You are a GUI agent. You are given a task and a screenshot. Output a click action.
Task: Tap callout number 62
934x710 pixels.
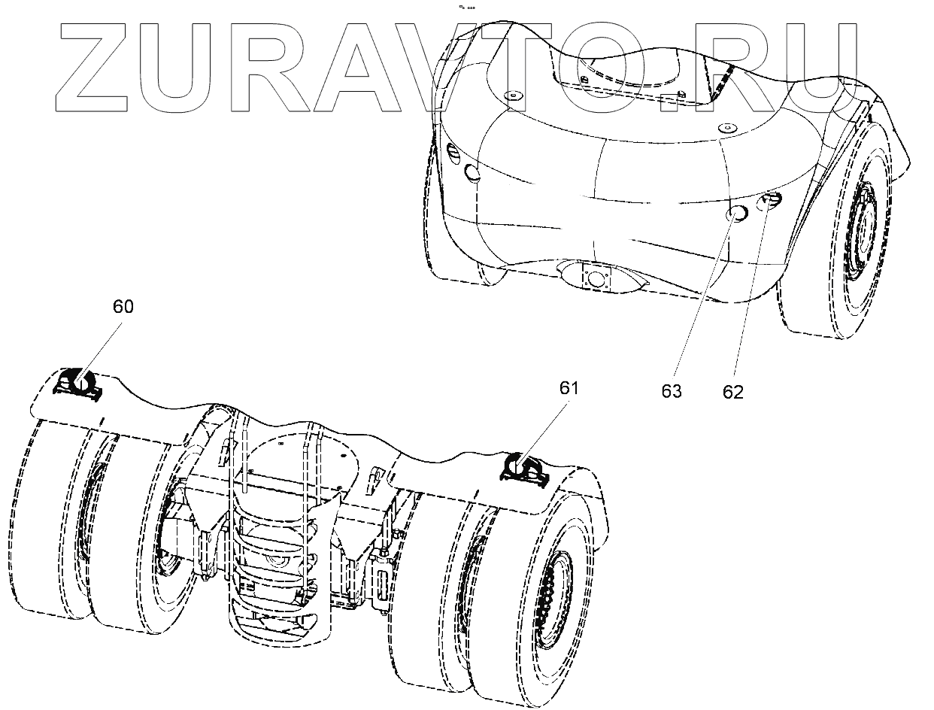[x=732, y=392]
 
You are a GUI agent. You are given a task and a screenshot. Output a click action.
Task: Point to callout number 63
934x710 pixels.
[x=672, y=392]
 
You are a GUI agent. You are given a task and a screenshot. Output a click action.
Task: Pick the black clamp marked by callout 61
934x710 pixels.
[x=524, y=469]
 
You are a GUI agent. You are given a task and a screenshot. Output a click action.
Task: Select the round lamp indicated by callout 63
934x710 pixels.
[x=735, y=215]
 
